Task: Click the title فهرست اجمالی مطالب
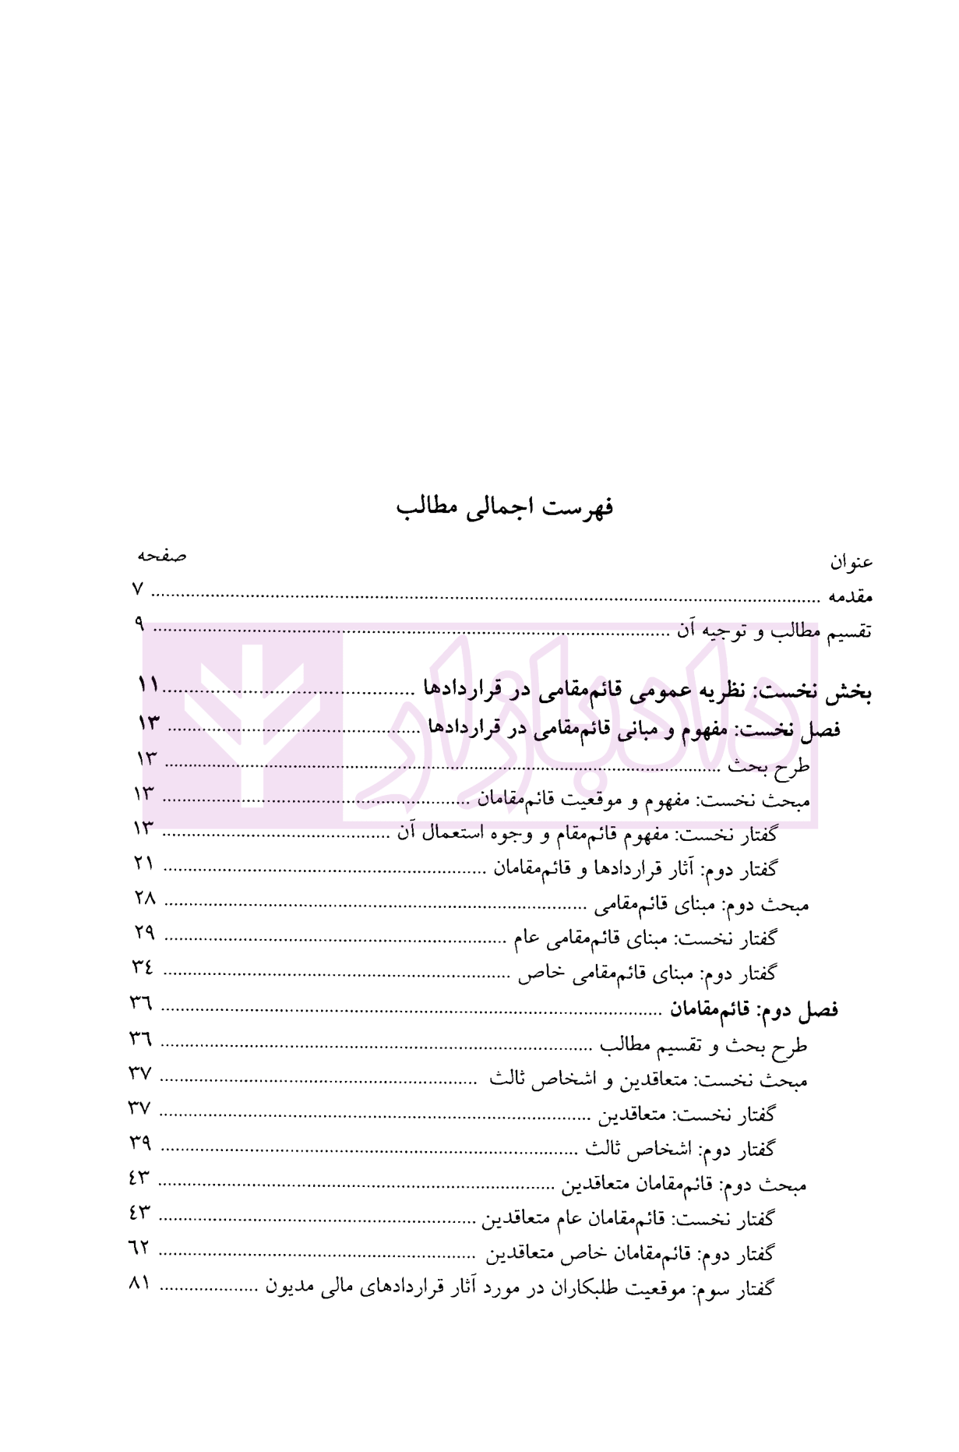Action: (505, 507)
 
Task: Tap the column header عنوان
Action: (851, 561)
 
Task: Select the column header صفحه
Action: (162, 556)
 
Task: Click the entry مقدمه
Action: (850, 597)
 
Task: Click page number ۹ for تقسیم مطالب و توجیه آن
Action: (139, 624)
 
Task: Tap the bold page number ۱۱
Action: (148, 686)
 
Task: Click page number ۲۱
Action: (144, 863)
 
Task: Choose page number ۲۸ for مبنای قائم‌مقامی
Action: (145, 898)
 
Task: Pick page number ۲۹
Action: (145, 932)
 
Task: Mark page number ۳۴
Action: (143, 967)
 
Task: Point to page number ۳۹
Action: (140, 1143)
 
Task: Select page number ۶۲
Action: (139, 1248)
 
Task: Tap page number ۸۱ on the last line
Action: (139, 1283)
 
